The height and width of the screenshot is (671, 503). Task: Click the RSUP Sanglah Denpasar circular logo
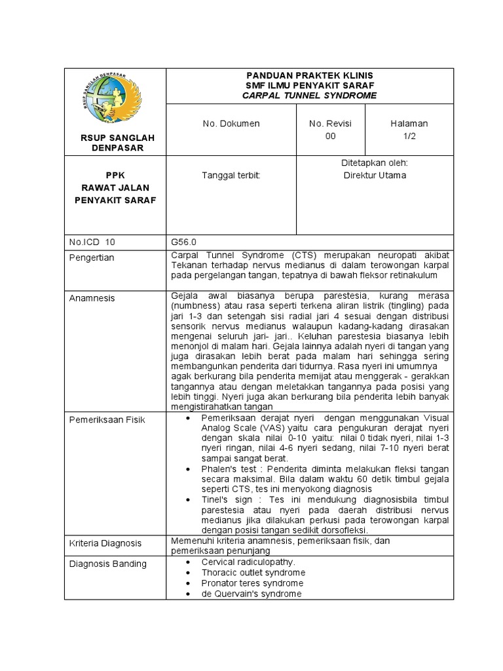click(115, 98)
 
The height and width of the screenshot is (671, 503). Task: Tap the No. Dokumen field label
click(231, 123)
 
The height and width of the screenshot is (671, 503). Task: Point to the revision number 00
click(331, 136)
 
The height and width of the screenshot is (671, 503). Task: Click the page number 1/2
click(409, 136)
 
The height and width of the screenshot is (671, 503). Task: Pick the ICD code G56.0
click(182, 242)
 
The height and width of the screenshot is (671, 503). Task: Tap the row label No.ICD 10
click(92, 242)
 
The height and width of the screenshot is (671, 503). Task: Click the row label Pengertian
click(92, 258)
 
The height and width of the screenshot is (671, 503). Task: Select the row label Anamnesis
click(92, 298)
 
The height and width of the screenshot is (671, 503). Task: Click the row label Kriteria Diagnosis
click(105, 543)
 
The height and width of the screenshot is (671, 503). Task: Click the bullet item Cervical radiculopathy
click(248, 562)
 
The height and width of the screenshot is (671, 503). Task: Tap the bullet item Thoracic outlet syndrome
click(253, 573)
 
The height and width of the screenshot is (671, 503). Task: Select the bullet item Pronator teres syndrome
click(252, 583)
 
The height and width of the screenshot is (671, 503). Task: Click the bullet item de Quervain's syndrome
click(251, 594)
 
